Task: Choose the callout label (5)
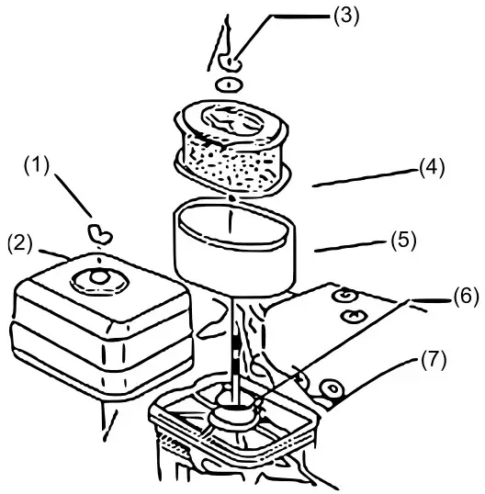400,241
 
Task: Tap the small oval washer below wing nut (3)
229,84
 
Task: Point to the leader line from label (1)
69,196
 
